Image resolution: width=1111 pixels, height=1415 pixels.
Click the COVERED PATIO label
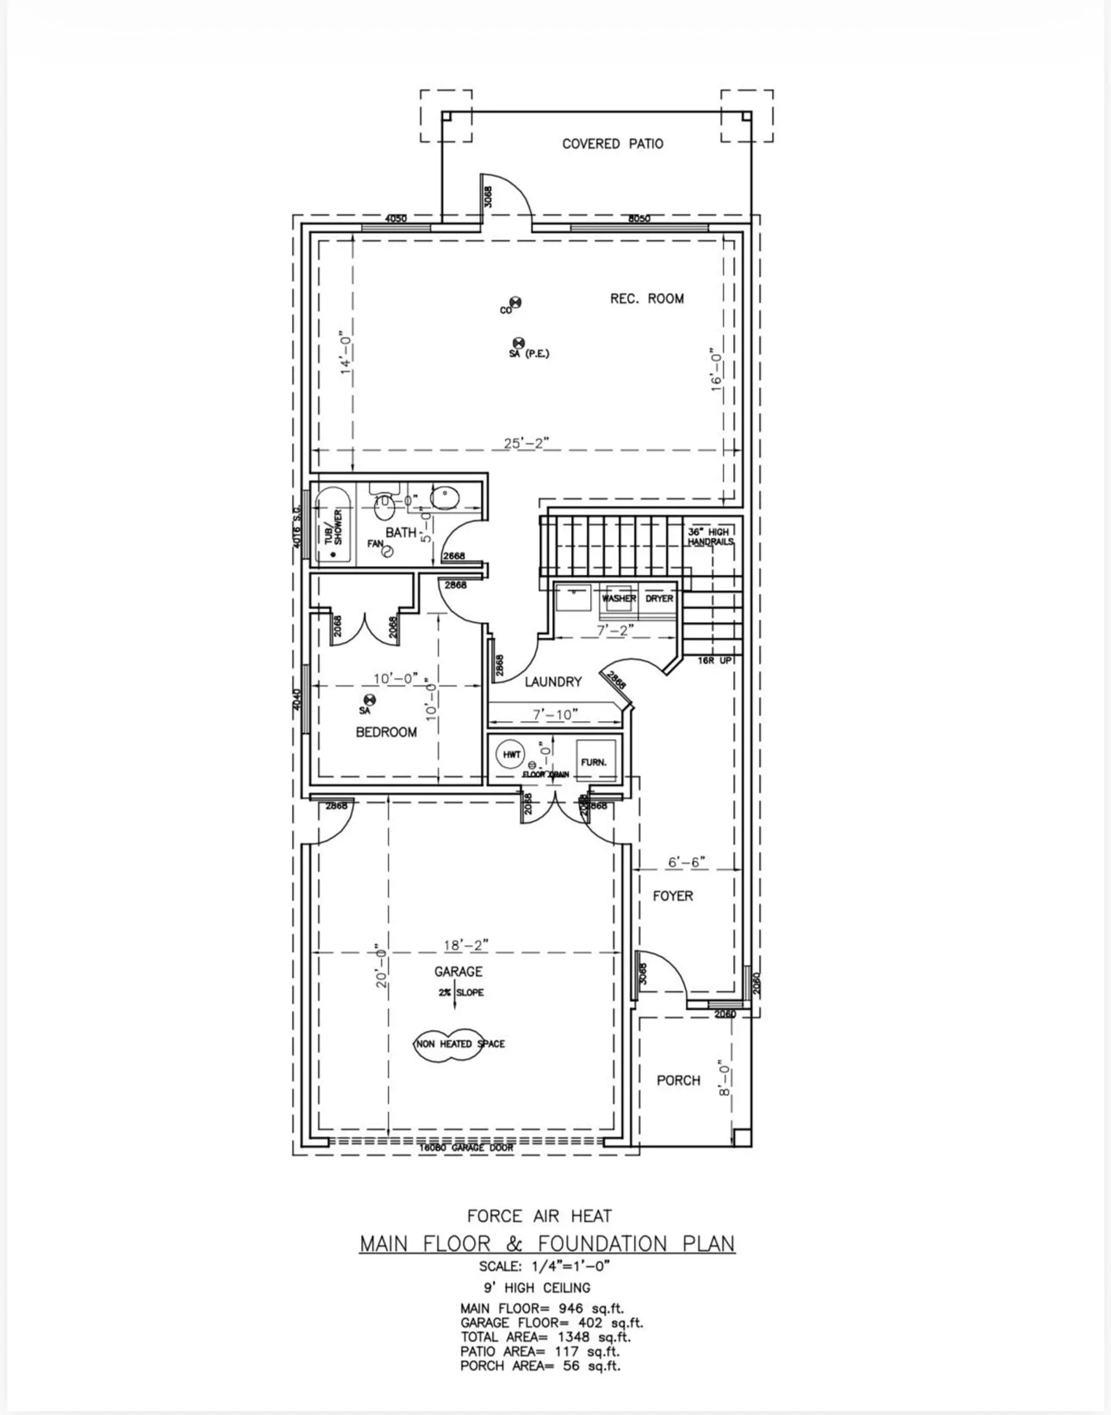pyautogui.click(x=613, y=144)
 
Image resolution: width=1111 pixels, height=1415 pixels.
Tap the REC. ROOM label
pyautogui.click(x=646, y=299)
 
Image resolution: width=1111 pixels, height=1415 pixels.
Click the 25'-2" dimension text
pyautogui.click(x=527, y=443)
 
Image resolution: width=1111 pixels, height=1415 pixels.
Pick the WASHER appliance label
pyautogui.click(x=619, y=598)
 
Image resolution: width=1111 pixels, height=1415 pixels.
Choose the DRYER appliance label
pyautogui.click(x=659, y=598)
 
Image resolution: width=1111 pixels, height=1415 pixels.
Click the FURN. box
pyautogui.click(x=593, y=761)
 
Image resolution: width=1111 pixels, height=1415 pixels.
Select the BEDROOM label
pyautogui.click(x=387, y=733)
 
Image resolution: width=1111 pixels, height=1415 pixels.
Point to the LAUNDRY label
pyautogui.click(x=553, y=682)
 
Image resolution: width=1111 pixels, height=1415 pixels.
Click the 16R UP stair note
pyautogui.click(x=715, y=660)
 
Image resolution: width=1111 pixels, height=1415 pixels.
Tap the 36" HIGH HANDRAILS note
pyautogui.click(x=711, y=536)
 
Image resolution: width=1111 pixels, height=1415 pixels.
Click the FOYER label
pyautogui.click(x=672, y=896)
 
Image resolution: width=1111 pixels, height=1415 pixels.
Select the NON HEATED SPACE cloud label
pyautogui.click(x=460, y=1043)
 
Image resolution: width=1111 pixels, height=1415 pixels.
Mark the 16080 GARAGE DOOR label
pyautogui.click(x=466, y=1148)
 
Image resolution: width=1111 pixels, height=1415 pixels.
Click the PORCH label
pyautogui.click(x=678, y=1080)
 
